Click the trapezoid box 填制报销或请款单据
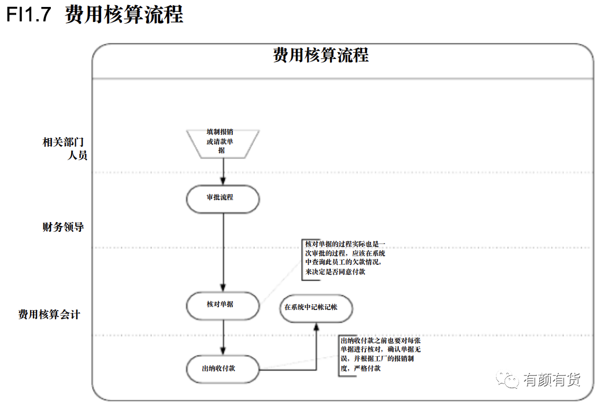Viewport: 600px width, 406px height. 223,143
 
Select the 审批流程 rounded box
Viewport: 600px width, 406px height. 223,199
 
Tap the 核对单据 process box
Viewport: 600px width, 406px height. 223,305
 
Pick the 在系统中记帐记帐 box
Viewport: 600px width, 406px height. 316,308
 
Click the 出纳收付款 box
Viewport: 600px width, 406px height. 223,369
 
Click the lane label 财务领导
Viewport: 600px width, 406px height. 63,227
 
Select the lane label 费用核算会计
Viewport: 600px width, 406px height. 49,315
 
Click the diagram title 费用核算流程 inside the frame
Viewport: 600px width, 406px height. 321,55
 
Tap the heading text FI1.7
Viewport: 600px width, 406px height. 29,14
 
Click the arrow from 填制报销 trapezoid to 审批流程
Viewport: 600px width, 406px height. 223,172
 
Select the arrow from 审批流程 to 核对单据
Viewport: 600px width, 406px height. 223,252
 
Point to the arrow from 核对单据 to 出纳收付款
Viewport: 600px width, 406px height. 223,338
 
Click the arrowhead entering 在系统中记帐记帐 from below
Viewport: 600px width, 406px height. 316,326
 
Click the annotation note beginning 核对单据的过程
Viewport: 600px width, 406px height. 343,258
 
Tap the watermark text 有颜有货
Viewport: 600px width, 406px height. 552,379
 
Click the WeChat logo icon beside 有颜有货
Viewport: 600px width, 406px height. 508,379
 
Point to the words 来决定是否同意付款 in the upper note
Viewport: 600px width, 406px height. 335,272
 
